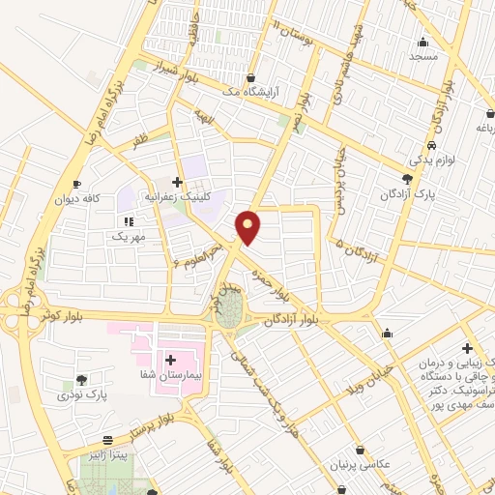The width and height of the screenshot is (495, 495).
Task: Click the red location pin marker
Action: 249,226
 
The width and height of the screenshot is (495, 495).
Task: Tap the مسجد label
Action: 422,57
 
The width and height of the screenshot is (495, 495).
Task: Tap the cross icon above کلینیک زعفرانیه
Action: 176,181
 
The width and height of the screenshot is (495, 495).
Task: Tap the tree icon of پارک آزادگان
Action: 407,179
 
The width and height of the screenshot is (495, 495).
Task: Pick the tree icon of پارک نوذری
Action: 80,380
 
